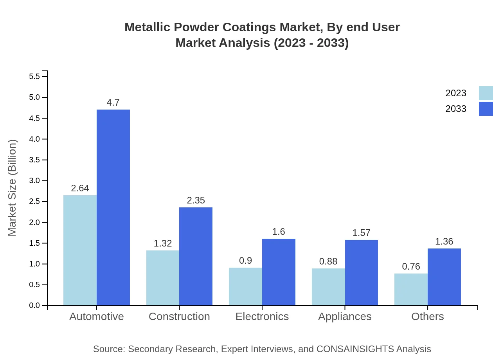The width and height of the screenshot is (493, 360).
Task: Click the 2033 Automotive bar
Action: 113,207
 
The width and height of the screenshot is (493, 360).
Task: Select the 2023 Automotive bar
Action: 80,250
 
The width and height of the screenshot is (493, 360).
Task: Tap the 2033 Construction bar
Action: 196,256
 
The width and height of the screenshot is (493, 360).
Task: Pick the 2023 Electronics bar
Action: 245,286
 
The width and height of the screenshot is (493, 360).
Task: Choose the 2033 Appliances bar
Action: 361,272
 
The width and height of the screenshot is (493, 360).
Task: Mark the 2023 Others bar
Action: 411,289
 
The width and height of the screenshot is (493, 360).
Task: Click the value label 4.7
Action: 113,103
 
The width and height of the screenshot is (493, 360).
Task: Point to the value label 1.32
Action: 163,243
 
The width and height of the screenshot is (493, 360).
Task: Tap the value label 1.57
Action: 361,233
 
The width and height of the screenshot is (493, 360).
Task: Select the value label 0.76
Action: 411,266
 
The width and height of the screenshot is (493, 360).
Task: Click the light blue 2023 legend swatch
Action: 486,93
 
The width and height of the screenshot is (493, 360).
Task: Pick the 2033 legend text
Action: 456,109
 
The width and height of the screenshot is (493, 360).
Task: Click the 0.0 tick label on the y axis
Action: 35,306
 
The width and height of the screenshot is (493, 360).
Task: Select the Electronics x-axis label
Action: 262,316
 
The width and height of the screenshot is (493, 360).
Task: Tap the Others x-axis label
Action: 427,316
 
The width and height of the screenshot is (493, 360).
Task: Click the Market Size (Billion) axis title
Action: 13,188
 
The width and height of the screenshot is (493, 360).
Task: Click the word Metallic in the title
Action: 148,27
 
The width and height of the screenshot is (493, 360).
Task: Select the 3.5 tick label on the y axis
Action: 35,160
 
